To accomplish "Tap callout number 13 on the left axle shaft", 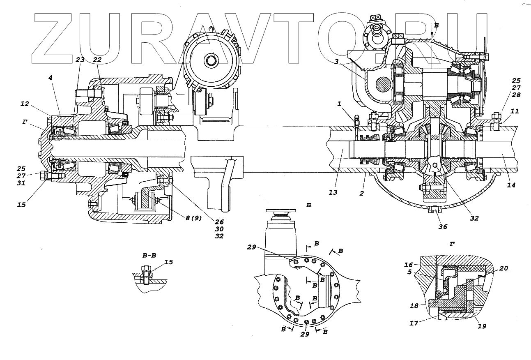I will (333, 192).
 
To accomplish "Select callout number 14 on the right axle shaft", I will (510, 185).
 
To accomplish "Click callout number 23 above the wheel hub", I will (80, 60).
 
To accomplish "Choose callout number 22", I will (97, 60).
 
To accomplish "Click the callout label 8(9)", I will (193, 218).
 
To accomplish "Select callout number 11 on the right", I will (515, 111).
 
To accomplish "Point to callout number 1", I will (339, 104).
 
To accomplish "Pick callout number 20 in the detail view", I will (503, 268).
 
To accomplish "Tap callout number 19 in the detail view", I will (482, 326).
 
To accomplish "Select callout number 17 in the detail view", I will (414, 323).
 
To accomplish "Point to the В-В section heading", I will (149, 255).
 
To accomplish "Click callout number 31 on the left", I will (21, 183).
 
